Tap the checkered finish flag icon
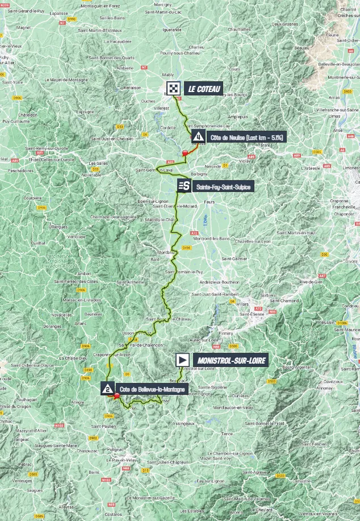click(x=173, y=88)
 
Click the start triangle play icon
click(x=182, y=360)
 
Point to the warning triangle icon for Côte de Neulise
click(x=198, y=136)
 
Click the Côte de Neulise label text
click(x=247, y=137)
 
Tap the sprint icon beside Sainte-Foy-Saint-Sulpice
click(x=183, y=186)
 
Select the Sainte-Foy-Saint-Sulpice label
click(x=221, y=186)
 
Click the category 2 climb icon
click(x=107, y=389)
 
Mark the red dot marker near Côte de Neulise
click(x=185, y=152)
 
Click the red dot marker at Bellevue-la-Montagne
click(x=116, y=397)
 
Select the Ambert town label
click(x=84, y=273)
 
